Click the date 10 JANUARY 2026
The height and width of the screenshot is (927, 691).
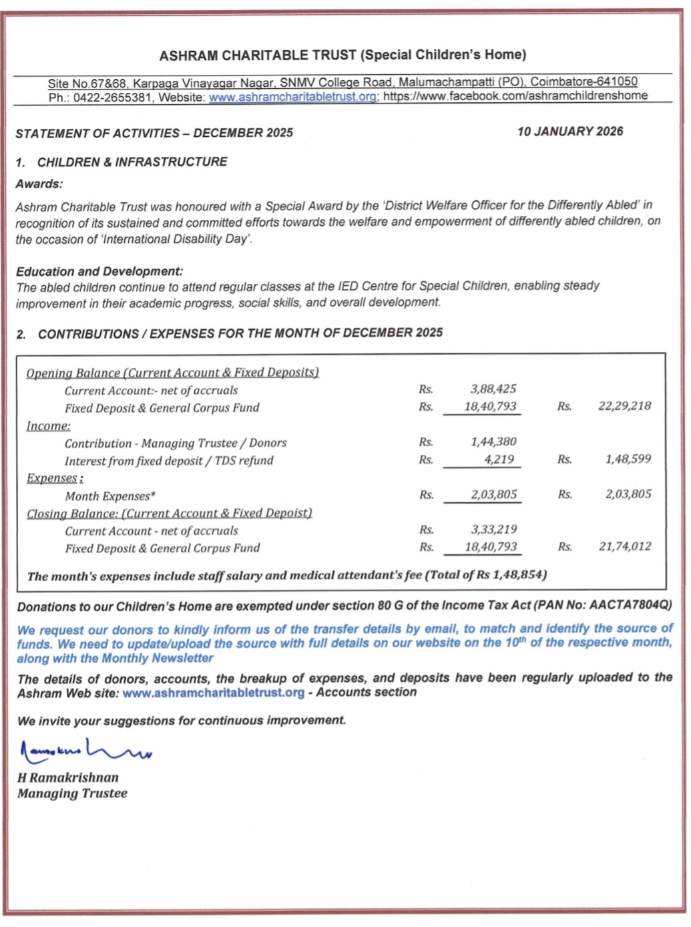(569, 132)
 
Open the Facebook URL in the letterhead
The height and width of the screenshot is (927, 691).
(515, 96)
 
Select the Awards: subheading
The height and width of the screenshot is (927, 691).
(39, 184)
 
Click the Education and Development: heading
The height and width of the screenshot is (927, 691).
(99, 271)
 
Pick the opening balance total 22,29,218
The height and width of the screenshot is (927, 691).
(624, 406)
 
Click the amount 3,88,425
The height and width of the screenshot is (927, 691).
(493, 389)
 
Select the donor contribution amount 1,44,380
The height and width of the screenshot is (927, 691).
(493, 441)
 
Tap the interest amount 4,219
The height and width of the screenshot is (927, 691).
(499, 459)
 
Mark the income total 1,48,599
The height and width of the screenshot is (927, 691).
(628, 459)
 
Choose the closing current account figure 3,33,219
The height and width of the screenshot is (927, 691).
(493, 530)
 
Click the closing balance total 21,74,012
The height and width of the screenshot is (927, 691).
(625, 546)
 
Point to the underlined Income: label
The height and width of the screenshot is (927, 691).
(48, 426)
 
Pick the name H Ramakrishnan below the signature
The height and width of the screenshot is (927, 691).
(68, 777)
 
